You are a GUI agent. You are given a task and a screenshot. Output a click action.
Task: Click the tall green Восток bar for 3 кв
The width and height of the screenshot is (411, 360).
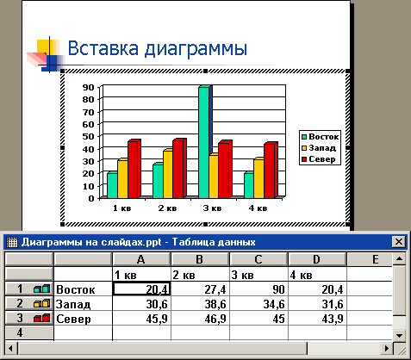pos(205,142)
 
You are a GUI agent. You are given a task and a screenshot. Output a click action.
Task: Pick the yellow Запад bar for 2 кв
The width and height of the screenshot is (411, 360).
pos(168,174)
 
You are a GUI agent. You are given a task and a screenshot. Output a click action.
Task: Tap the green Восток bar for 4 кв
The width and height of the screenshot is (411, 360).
pos(249,185)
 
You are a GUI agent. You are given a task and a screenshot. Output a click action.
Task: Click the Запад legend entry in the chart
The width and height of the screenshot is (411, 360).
pos(319,148)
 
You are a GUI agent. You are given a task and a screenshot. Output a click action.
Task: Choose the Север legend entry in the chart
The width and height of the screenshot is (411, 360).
pos(319,159)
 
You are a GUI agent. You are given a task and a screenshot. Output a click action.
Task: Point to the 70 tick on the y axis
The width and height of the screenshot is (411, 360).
pos(89,112)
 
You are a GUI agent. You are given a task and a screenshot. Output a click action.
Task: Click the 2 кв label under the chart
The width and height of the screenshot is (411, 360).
pos(167,208)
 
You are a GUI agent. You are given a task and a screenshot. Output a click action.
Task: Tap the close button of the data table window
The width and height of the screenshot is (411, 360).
pos(399,242)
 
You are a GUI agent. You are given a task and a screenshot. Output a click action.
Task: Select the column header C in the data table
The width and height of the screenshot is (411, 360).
pos(258,259)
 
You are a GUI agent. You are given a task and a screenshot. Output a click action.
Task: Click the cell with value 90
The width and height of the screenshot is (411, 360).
pos(258,289)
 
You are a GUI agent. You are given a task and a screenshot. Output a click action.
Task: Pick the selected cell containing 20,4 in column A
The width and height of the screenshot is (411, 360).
pos(141,289)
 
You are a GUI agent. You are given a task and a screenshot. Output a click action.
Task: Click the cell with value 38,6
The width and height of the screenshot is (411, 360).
pos(200,304)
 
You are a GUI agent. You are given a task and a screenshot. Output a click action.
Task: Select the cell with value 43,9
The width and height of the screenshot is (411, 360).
pos(317,319)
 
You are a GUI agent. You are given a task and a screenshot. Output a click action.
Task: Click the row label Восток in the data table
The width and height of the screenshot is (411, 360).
pos(76,289)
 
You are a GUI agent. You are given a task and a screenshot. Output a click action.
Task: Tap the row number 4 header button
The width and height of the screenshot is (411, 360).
pos(29,333)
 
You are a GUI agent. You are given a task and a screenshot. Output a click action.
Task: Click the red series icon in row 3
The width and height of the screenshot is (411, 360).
pos(41,318)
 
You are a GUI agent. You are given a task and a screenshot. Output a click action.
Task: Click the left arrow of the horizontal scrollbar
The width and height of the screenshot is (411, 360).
pos(10,349)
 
